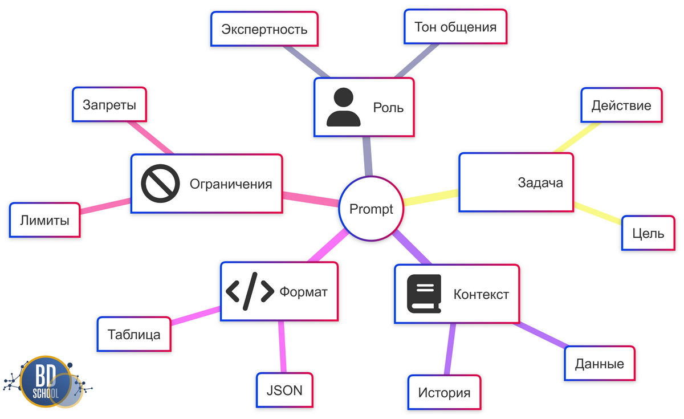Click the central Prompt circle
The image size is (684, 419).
371,209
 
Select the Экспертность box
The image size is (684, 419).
264,29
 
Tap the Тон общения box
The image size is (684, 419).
455,27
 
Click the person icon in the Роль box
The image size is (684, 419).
343,107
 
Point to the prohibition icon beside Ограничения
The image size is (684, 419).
160,184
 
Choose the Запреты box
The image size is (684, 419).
110,105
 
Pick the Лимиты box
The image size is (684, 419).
44,220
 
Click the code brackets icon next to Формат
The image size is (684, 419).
250,291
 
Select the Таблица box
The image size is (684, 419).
134,335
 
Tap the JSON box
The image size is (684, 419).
284,390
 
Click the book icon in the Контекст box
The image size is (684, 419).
424,294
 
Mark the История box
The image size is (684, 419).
444,393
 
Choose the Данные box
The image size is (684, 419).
599,364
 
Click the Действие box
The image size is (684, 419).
621,105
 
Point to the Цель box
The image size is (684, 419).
648,233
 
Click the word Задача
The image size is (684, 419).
540,183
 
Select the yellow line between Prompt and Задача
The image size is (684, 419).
431,197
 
